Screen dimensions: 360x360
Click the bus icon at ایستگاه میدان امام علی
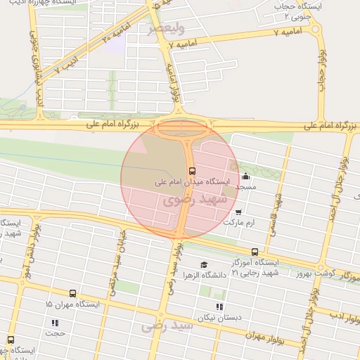pos(191,171)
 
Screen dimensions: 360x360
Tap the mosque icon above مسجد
pos(245,176)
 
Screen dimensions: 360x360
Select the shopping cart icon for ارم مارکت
pos(239,212)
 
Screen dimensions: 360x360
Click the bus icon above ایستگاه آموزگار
pos(255,252)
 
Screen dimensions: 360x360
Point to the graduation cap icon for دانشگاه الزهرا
pos(204,265)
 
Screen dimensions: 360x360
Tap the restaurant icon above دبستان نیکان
pos(219,307)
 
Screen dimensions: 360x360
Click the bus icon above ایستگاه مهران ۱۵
pos(72,294)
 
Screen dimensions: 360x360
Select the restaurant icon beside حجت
pos(55,323)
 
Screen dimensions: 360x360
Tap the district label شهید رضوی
pos(194,200)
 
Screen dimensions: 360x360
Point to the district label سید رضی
pos(167,326)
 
